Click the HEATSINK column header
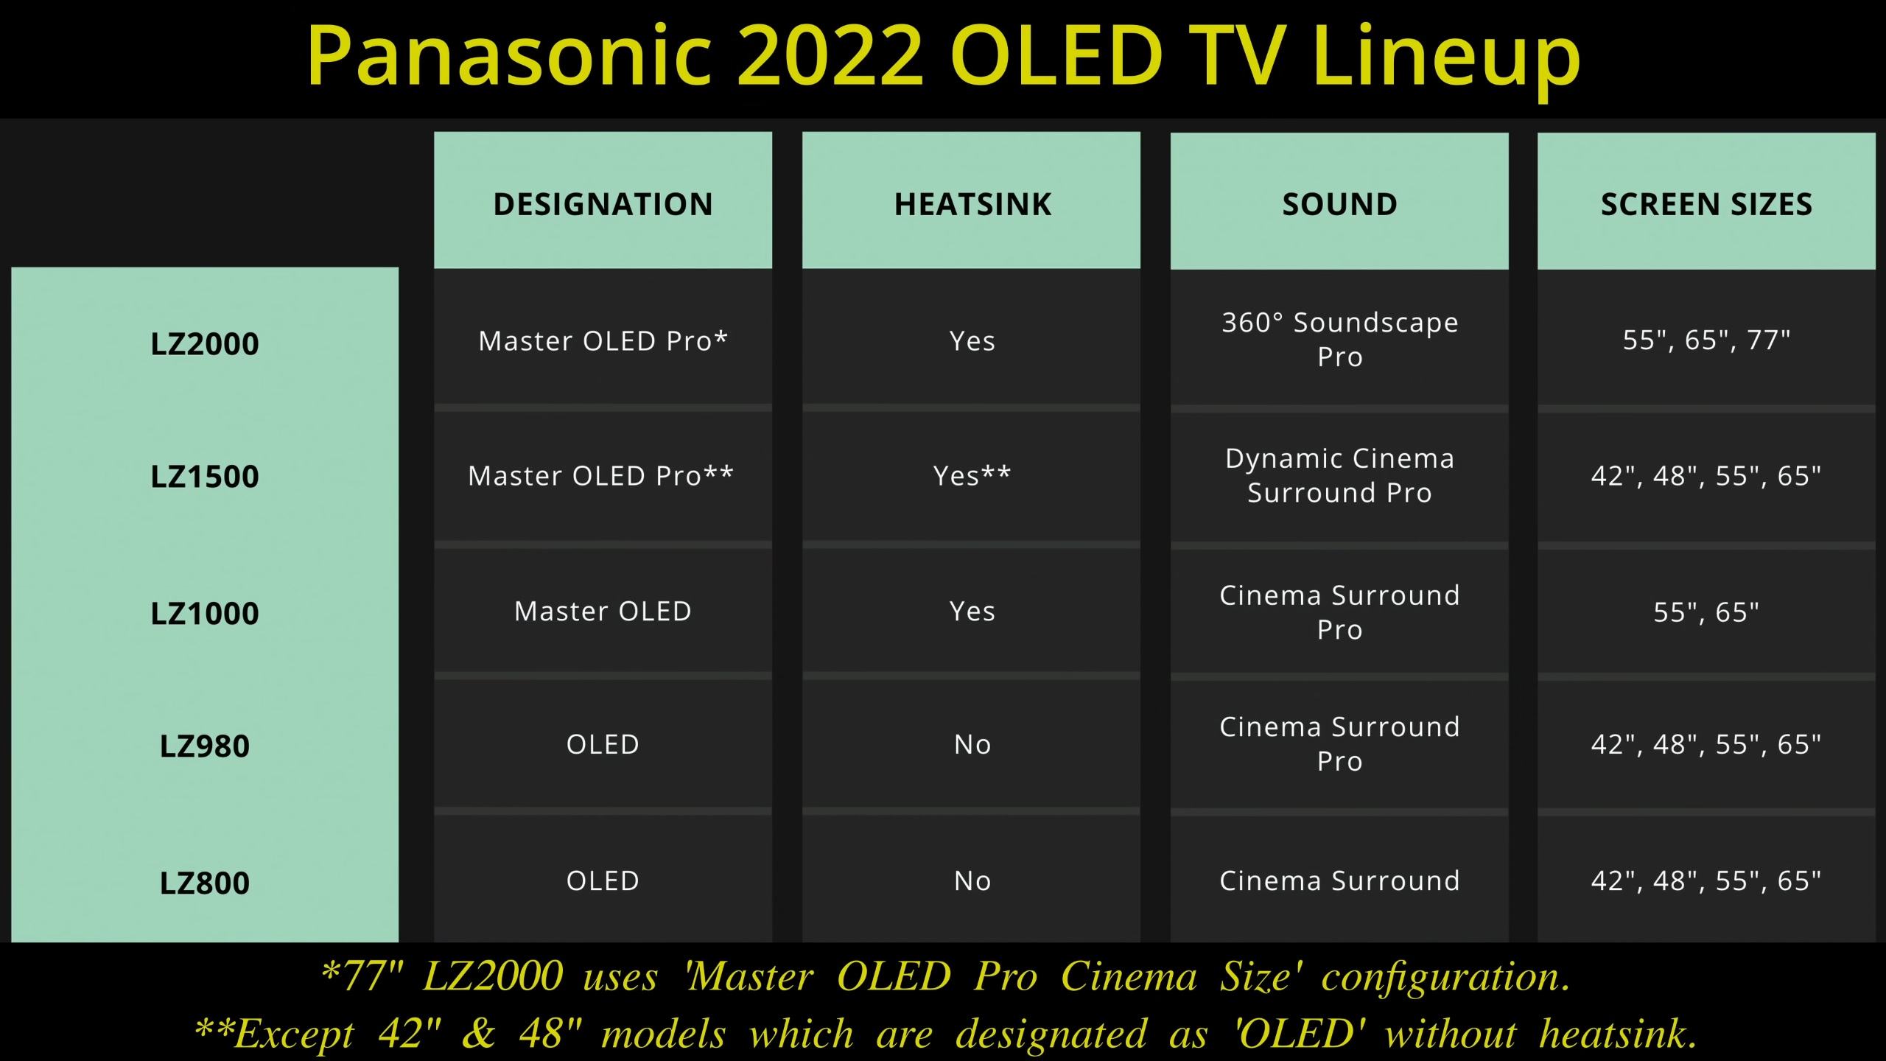(x=972, y=204)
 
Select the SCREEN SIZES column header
(x=1706, y=204)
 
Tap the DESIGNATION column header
(x=603, y=204)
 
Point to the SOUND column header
(x=1339, y=204)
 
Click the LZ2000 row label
(x=205, y=344)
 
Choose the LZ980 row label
(x=205, y=746)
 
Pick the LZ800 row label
(x=205, y=883)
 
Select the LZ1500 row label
(x=205, y=477)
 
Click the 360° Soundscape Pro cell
(x=1339, y=340)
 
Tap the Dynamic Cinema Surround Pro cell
(x=1339, y=475)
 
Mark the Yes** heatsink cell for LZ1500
(x=972, y=476)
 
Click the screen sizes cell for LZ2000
(x=1706, y=340)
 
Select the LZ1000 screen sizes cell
(x=1706, y=612)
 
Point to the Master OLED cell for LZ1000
(x=603, y=611)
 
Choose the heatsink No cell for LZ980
(x=972, y=744)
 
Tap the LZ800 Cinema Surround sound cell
(x=1339, y=880)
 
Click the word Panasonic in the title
(x=509, y=55)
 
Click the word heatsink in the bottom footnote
(x=1618, y=1033)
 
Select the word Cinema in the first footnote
(x=1129, y=976)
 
